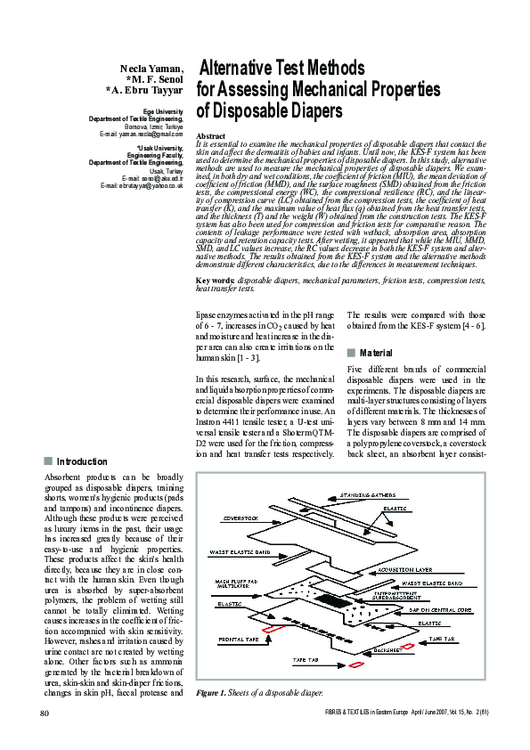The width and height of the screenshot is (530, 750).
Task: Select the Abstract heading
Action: (x=210, y=135)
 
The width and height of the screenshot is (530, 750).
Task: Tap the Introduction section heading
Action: (x=82, y=461)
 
